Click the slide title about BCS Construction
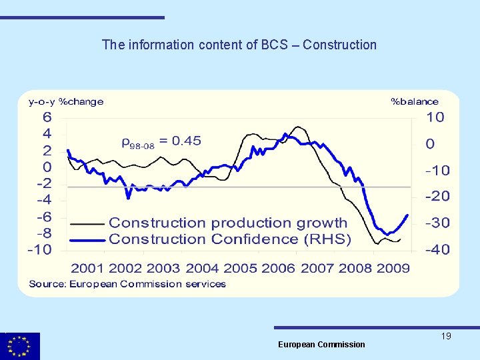[x=239, y=45]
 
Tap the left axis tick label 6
[x=47, y=117]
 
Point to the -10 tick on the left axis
[x=40, y=250]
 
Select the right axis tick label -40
[x=438, y=250]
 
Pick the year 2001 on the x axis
[x=88, y=268]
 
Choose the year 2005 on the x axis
[x=240, y=268]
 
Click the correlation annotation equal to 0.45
[x=161, y=141]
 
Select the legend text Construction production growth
[x=228, y=223]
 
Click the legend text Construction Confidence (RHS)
[x=230, y=239]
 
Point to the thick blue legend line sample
[x=87, y=239]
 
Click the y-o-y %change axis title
[x=66, y=102]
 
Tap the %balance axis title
[x=414, y=102]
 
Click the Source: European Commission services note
[x=127, y=284]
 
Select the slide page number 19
[x=446, y=336]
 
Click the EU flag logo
[x=20, y=346]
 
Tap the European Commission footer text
[x=321, y=344]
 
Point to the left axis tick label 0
[x=47, y=167]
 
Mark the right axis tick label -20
[x=438, y=197]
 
